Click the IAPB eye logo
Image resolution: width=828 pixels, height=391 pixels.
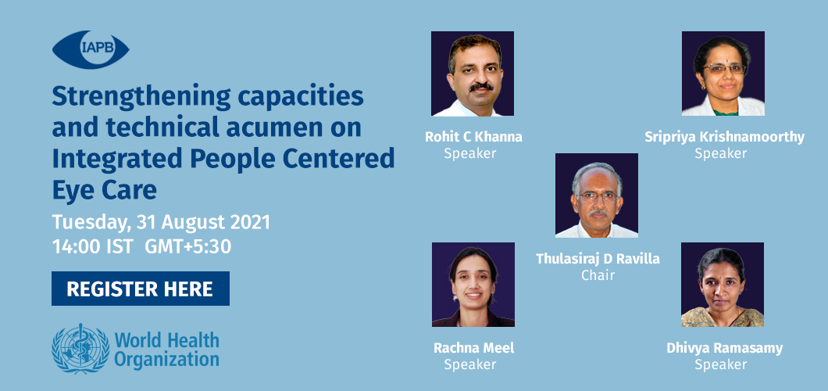pos(91,50)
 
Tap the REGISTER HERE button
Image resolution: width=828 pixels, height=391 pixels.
pos(141,289)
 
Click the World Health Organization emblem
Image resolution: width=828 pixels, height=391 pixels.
pos(80,349)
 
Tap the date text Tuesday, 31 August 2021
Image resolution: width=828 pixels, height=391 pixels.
pos(161,222)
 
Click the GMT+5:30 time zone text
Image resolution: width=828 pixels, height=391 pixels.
pos(188,247)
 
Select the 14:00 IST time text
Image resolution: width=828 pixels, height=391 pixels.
pos(92,247)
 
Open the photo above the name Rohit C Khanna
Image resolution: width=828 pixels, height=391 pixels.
pos(473,74)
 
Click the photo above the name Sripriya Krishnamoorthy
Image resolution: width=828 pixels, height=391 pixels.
pos(723,74)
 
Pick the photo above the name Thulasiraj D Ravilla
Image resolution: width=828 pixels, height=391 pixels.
pos(597,195)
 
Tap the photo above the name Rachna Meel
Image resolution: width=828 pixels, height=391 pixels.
pos(473,285)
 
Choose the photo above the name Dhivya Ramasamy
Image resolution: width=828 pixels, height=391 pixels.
pos(723,285)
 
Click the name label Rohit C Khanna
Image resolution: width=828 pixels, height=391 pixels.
pos(473,137)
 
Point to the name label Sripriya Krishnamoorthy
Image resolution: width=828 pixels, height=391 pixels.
pos(725,138)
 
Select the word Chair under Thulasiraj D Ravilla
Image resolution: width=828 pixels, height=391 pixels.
pos(598,275)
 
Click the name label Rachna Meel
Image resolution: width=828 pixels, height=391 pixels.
pos(473,348)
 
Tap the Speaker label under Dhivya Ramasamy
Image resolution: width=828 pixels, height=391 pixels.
pos(721,364)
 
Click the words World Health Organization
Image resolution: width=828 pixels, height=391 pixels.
pos(167,350)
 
